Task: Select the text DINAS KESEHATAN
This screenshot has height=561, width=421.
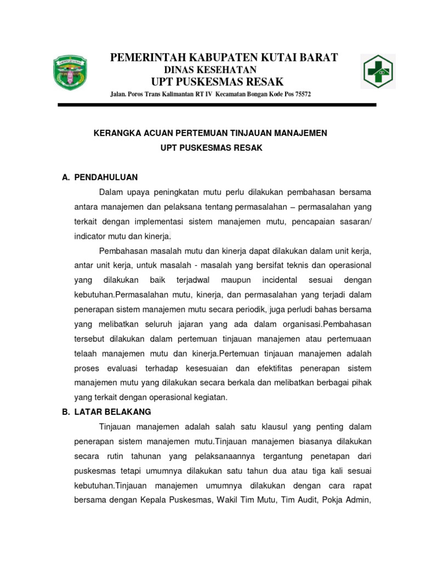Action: point(210,70)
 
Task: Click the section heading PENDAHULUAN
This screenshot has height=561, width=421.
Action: point(106,178)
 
